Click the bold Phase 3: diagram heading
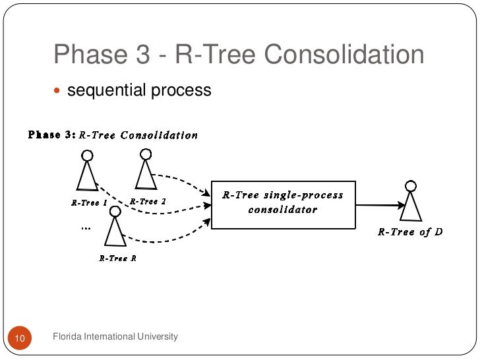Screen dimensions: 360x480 (x=51, y=135)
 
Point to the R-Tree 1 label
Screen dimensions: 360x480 (x=89, y=202)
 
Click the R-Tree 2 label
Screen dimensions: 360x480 (x=148, y=201)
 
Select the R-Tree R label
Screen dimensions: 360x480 (x=117, y=258)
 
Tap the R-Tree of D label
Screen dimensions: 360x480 (x=409, y=232)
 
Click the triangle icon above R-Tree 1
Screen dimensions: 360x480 (x=86, y=176)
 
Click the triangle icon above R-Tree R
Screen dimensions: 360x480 (x=115, y=231)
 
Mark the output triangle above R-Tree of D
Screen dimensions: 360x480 (x=411, y=205)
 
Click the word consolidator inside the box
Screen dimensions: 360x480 (x=282, y=210)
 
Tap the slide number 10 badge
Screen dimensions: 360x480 (x=19, y=338)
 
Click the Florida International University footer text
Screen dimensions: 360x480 (x=115, y=337)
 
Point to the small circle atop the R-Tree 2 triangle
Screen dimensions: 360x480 (x=145, y=154)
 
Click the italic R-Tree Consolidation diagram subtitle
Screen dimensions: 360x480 (x=138, y=135)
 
